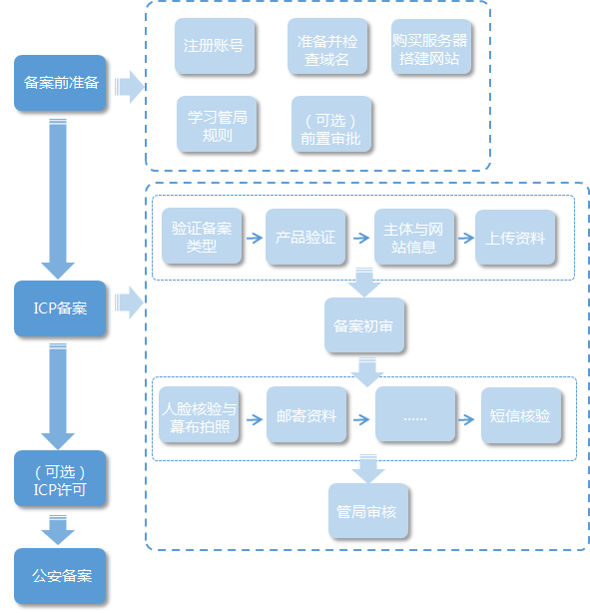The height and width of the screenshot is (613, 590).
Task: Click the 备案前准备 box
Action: (60, 83)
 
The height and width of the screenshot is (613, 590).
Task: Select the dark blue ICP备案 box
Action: (60, 308)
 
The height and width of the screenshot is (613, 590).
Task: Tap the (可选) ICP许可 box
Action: (60, 478)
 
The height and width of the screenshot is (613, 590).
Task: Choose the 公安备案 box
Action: (60, 576)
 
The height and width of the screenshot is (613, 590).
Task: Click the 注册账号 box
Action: (215, 46)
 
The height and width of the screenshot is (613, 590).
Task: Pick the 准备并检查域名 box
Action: (327, 46)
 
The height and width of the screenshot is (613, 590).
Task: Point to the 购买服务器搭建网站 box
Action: (431, 46)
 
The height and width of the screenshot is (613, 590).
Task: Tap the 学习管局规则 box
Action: (217, 124)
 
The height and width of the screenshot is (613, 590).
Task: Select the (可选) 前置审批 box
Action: (331, 124)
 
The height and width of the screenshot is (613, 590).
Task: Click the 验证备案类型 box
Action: (202, 236)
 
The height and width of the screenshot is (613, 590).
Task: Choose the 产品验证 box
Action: (305, 237)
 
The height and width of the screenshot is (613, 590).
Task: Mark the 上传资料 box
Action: (515, 238)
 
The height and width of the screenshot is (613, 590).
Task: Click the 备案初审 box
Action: (364, 325)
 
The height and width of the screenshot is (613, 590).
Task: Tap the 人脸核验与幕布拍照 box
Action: (199, 414)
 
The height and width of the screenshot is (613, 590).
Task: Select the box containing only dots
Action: (415, 414)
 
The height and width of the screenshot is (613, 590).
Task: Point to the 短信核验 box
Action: (521, 415)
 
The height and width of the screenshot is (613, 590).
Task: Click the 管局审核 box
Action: (368, 511)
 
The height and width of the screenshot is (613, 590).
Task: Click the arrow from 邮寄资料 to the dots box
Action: (361, 419)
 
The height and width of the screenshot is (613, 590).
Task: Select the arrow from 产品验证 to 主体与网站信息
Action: (361, 238)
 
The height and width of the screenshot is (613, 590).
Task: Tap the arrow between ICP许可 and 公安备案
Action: (58, 530)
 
